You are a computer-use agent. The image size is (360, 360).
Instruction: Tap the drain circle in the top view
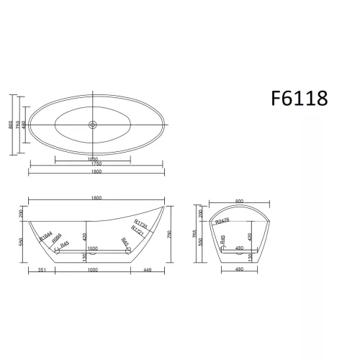92,125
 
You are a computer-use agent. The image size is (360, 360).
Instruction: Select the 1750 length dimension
92,164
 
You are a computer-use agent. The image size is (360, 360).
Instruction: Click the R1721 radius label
141,232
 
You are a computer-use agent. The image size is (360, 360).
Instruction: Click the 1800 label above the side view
96,197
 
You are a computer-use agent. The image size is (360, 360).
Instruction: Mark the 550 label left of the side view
22,243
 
